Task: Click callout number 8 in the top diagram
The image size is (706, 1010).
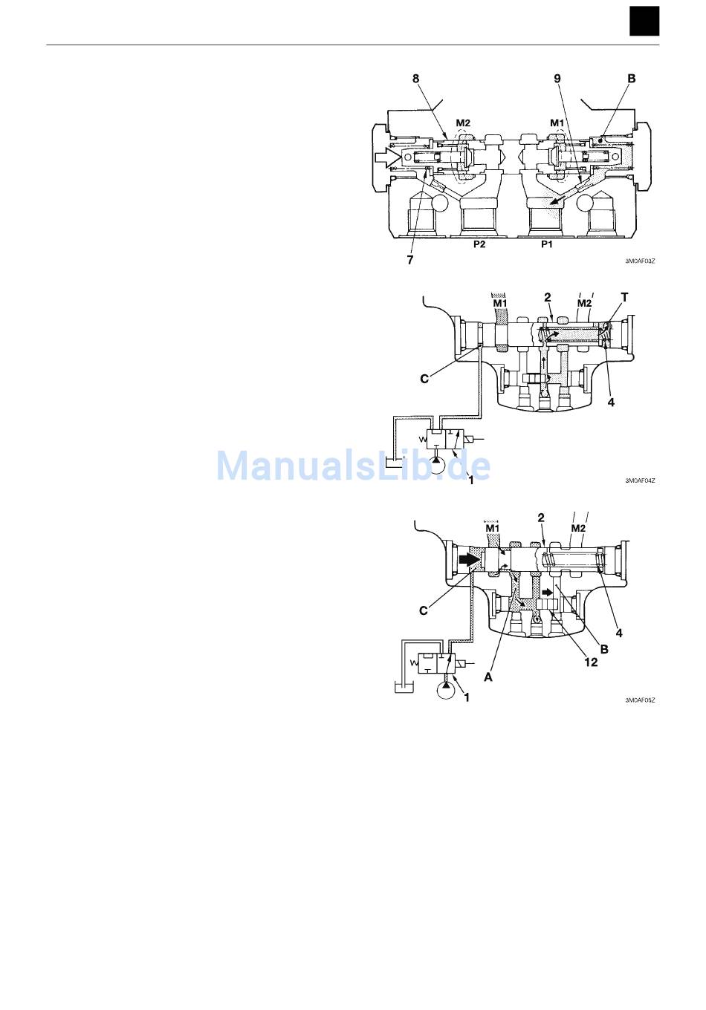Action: (x=415, y=79)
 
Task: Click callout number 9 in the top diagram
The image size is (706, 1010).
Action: (x=557, y=79)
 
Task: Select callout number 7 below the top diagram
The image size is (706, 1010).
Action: (x=409, y=260)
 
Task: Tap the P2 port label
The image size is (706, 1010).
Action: (x=479, y=244)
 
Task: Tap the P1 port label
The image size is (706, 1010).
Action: (x=547, y=244)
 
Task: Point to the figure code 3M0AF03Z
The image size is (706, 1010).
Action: (x=640, y=261)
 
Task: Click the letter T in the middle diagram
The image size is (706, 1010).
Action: (x=624, y=298)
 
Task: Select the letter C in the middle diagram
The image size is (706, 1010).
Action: (x=424, y=379)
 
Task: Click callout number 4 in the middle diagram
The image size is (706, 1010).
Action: (x=611, y=402)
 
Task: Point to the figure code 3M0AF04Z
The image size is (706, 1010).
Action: (x=640, y=480)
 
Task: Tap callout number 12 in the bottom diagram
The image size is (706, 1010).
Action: (x=591, y=662)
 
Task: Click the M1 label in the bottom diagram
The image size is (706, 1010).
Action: (x=492, y=528)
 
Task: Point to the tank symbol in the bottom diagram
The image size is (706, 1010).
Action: (x=404, y=688)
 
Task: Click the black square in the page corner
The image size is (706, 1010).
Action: (x=644, y=22)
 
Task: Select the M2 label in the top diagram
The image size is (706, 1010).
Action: (x=463, y=123)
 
